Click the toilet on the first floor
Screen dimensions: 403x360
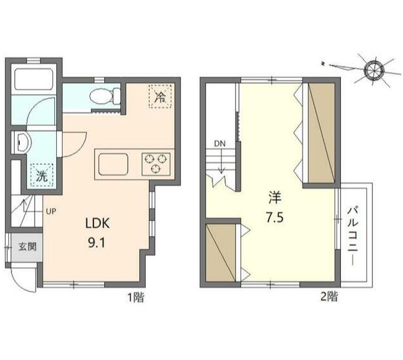pyautogui.click(x=105, y=96)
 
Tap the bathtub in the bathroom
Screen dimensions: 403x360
pyautogui.click(x=34, y=79)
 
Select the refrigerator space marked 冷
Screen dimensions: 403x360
pyautogui.click(x=160, y=96)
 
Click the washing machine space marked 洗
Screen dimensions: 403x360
pyautogui.click(x=42, y=175)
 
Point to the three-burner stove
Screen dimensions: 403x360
pyautogui.click(x=155, y=164)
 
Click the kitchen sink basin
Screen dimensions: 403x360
pyautogui.click(x=113, y=164)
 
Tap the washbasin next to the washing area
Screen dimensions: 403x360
pyautogui.click(x=24, y=143)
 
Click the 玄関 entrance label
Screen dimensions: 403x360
pyautogui.click(x=28, y=247)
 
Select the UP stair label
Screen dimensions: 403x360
pyautogui.click(x=51, y=212)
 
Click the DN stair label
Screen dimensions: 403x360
pyautogui.click(x=220, y=144)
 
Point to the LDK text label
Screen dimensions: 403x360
pyautogui.click(x=98, y=223)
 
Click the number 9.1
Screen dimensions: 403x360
pyautogui.click(x=97, y=242)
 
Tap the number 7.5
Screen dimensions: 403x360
pyautogui.click(x=274, y=217)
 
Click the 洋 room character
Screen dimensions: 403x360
pyautogui.click(x=275, y=198)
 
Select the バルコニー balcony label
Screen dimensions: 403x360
pyautogui.click(x=353, y=236)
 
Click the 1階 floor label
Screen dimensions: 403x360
pyautogui.click(x=136, y=297)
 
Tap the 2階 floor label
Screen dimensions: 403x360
pyautogui.click(x=329, y=297)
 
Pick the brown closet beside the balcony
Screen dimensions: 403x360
pyautogui.click(x=322, y=132)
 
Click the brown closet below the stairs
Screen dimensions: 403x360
pyautogui.click(x=221, y=253)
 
